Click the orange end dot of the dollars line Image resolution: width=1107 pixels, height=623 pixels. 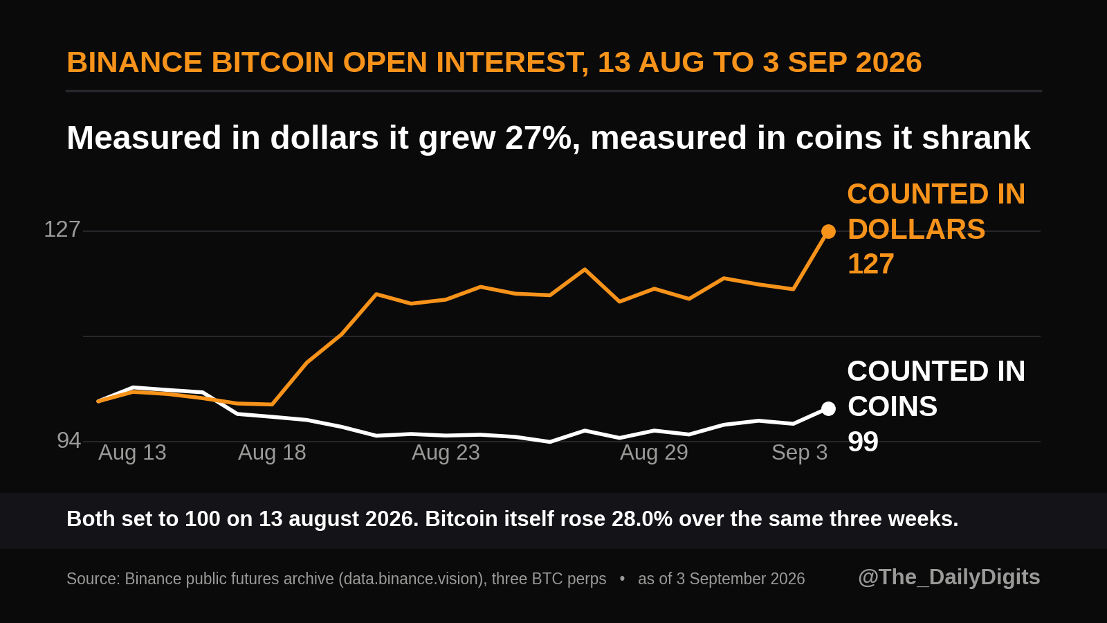coord(828,231)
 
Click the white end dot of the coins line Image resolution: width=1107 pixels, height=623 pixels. coord(828,409)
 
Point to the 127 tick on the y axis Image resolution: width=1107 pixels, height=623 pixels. coord(62,229)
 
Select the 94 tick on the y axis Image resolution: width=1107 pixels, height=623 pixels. coord(68,440)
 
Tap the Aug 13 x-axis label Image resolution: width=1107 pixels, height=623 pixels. coord(132,453)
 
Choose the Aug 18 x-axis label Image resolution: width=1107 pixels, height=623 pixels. coord(272,453)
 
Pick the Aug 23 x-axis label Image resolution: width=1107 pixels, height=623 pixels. coord(446,453)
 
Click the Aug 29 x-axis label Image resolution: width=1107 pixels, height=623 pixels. coord(654,453)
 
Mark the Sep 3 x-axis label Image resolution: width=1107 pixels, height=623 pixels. coord(800,453)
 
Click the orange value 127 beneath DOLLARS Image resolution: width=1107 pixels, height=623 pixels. coord(871,264)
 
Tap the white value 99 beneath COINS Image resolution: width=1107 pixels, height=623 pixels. coord(863,442)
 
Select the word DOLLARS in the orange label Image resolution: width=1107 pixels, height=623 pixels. coord(916,229)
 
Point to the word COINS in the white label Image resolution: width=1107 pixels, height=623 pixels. coord(893,406)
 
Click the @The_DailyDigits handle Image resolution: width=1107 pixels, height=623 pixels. coord(949,577)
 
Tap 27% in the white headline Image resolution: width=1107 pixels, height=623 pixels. coord(538,138)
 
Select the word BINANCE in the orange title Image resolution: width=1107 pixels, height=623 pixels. coord(134,62)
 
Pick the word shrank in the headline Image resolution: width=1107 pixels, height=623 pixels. coord(976,138)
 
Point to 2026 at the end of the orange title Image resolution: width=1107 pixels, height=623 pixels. coord(888,62)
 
